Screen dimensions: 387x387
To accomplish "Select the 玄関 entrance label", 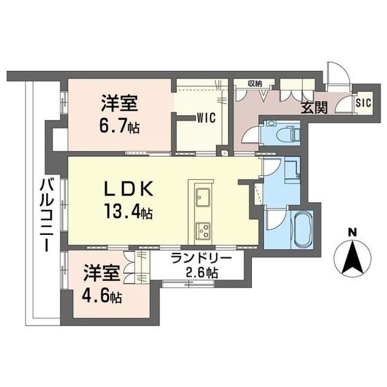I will (x=314, y=107).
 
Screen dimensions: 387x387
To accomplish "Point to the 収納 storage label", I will (x=255, y=83).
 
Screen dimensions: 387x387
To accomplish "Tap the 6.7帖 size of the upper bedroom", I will (x=119, y=127).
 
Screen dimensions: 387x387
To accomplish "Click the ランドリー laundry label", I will (x=202, y=259).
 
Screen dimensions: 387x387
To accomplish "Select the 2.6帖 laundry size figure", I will (x=202, y=273).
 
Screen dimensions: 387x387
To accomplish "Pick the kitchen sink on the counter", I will (x=202, y=197).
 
